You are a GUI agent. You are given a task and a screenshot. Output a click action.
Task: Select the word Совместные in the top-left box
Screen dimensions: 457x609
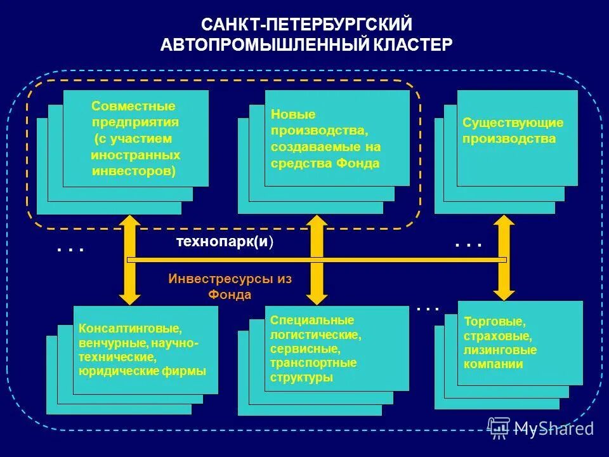coord(133,106)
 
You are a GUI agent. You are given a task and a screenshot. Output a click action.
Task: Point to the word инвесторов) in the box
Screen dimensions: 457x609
coord(134,171)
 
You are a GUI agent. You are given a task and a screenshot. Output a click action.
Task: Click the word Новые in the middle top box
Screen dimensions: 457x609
coord(293,114)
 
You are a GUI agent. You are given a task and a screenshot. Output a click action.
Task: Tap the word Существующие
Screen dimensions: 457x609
coord(513,123)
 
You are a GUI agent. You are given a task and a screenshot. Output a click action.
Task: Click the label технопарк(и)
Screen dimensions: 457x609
coord(225,242)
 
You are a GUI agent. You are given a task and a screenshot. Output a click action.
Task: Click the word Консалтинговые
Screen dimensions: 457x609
coord(130,329)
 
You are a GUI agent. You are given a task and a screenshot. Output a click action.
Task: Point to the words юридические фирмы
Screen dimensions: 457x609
coord(142,371)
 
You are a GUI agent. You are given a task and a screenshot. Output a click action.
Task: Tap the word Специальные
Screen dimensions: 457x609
coord(312,321)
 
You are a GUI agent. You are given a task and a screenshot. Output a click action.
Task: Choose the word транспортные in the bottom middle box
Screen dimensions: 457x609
coord(313,363)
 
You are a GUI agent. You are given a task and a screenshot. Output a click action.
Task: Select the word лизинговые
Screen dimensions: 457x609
coord(501,350)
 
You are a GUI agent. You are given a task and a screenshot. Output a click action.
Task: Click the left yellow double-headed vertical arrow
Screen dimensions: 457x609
coord(130,259)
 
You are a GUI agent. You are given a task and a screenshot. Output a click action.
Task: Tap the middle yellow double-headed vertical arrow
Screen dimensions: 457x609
coord(317,259)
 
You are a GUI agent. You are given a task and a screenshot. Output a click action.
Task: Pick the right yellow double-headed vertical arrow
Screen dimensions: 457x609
coord(504,257)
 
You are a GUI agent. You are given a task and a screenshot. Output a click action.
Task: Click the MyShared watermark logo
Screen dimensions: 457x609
coord(540,428)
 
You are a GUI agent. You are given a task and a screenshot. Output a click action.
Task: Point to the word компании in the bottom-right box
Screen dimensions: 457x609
coord(494,364)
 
